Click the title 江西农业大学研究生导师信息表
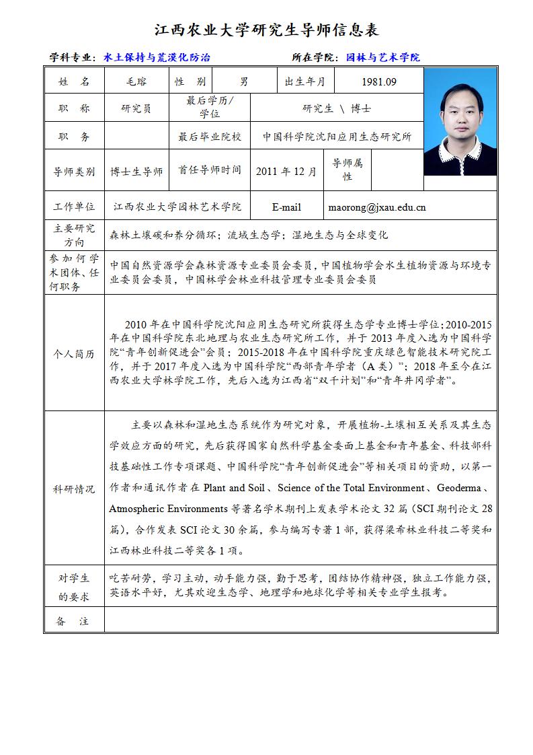click(267, 30)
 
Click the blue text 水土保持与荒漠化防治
click(157, 58)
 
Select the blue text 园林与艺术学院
click(382, 58)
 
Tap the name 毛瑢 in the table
click(136, 81)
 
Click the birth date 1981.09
click(379, 82)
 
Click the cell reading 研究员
click(136, 108)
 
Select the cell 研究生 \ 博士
click(337, 108)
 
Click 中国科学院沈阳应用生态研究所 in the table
click(337, 137)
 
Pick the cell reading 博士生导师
click(136, 172)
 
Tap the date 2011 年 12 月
click(286, 172)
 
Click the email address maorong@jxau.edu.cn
click(377, 207)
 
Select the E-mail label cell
click(286, 207)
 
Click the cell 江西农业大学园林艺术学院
click(177, 207)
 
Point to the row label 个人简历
click(74, 354)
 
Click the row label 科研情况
click(74, 489)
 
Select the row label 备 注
click(74, 621)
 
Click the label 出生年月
click(305, 82)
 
